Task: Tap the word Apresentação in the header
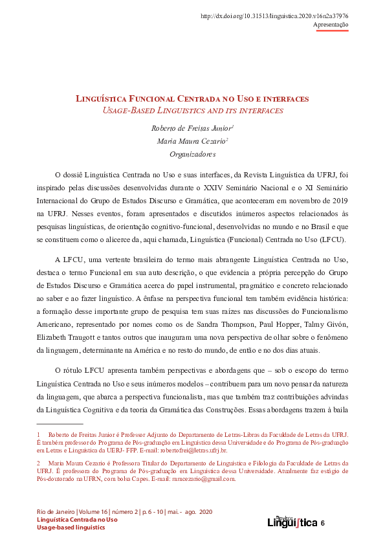[x=331, y=25]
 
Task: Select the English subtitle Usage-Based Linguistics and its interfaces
[x=192, y=111]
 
